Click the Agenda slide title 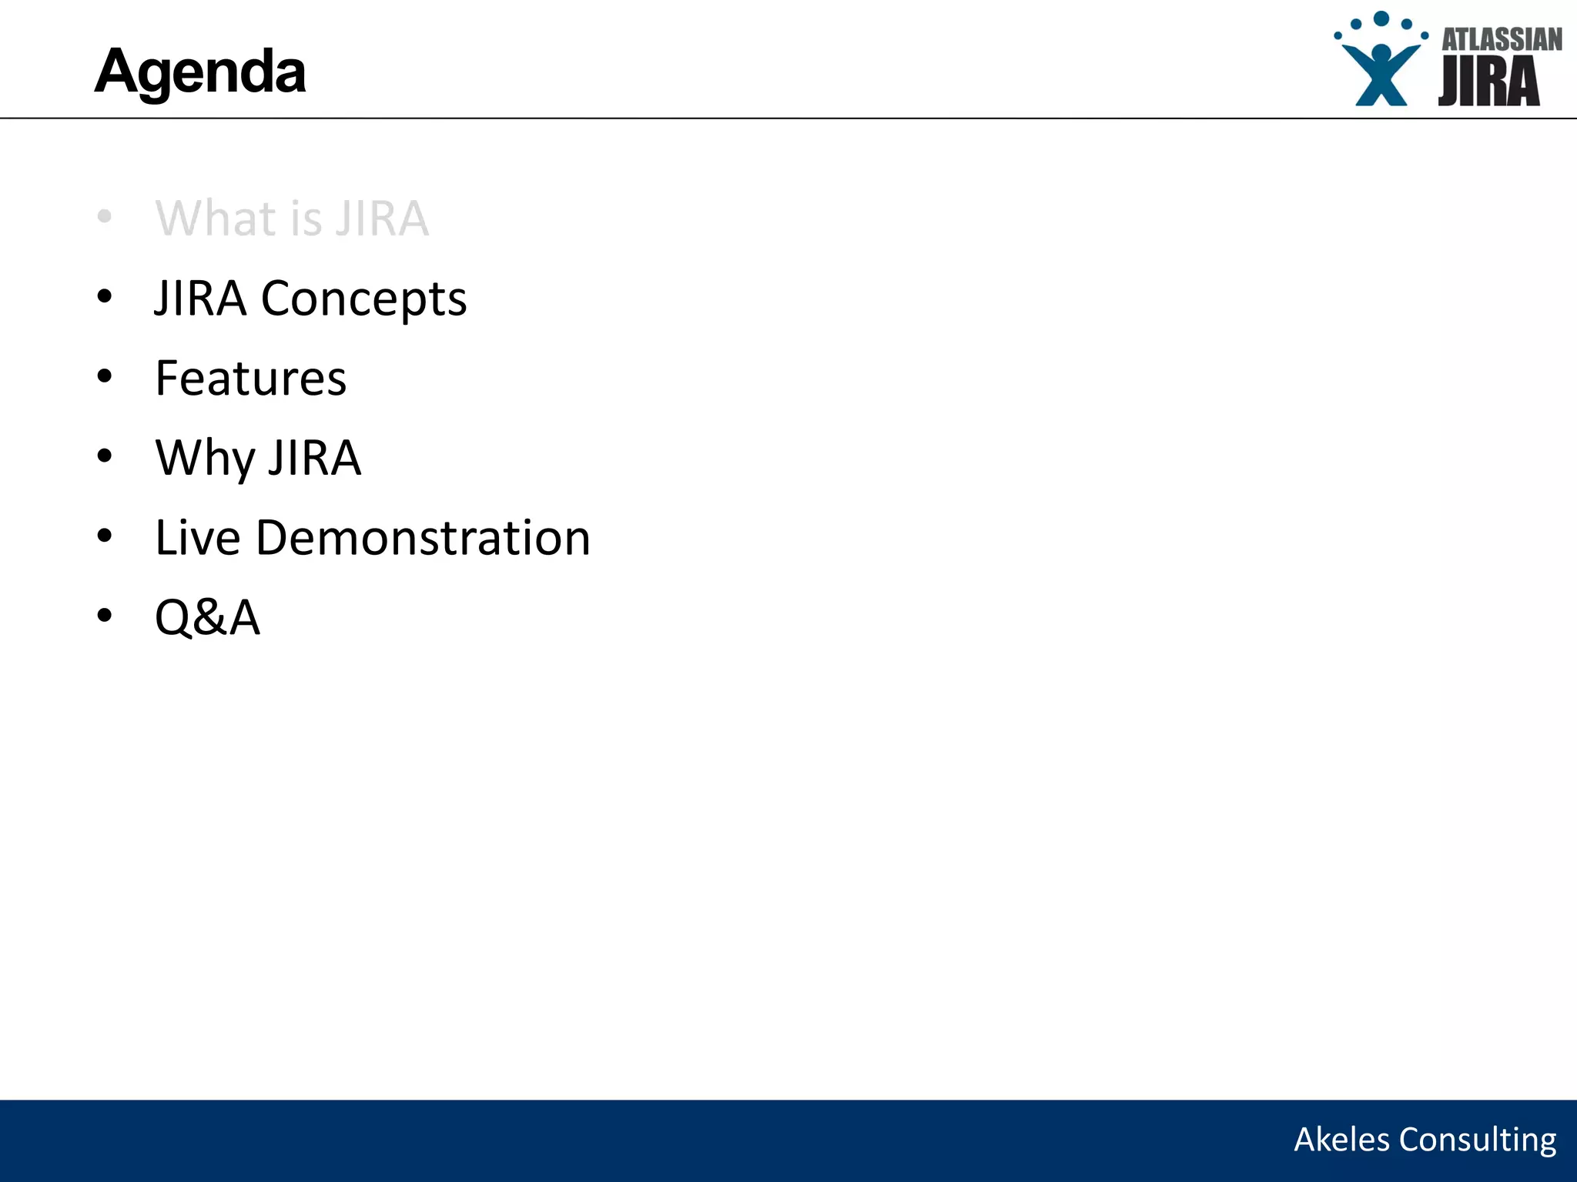click(200, 72)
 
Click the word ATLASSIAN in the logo click(1502, 40)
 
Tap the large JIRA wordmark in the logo click(1488, 82)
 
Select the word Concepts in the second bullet click(363, 299)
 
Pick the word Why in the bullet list click(205, 458)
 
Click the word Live click(198, 537)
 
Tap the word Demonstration click(423, 537)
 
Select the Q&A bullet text click(208, 617)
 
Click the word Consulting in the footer click(1478, 1140)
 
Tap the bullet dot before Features click(105, 376)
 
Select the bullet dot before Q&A click(105, 615)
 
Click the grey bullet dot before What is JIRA click(105, 216)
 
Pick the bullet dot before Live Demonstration click(105, 536)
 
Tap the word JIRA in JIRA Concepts click(200, 299)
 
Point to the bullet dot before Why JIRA click(105, 456)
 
